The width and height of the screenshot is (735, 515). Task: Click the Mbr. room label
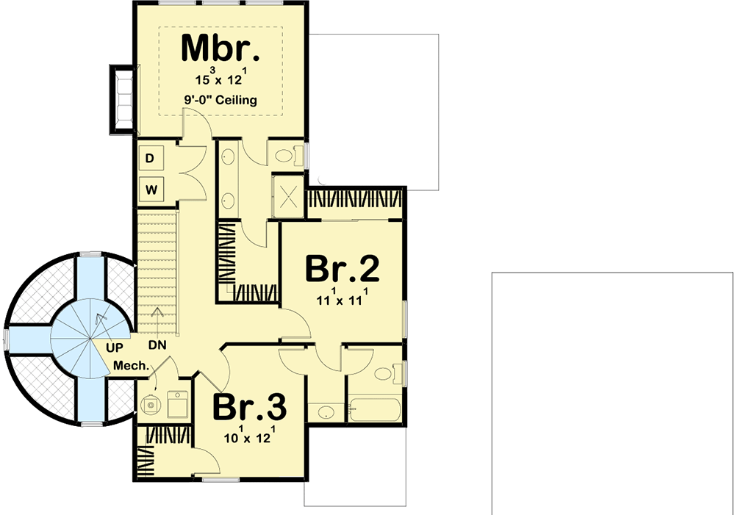pyautogui.click(x=220, y=48)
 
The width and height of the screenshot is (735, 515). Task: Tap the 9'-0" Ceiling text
pyautogui.click(x=220, y=100)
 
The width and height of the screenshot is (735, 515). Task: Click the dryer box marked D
pyautogui.click(x=151, y=158)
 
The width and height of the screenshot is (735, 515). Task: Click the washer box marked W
pyautogui.click(x=151, y=190)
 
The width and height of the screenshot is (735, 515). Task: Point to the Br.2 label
pyautogui.click(x=343, y=269)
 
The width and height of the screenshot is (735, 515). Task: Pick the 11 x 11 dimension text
pyautogui.click(x=343, y=300)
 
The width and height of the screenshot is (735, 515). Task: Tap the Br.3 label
pyautogui.click(x=250, y=408)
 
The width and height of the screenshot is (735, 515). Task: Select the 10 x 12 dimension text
pyautogui.click(x=250, y=438)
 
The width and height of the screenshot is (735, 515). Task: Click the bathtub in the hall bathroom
pyautogui.click(x=374, y=408)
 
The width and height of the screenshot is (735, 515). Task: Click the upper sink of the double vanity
pyautogui.click(x=228, y=156)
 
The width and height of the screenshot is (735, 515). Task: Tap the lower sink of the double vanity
pyautogui.click(x=228, y=199)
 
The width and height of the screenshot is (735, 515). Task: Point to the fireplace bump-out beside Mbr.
pyautogui.click(x=122, y=96)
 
